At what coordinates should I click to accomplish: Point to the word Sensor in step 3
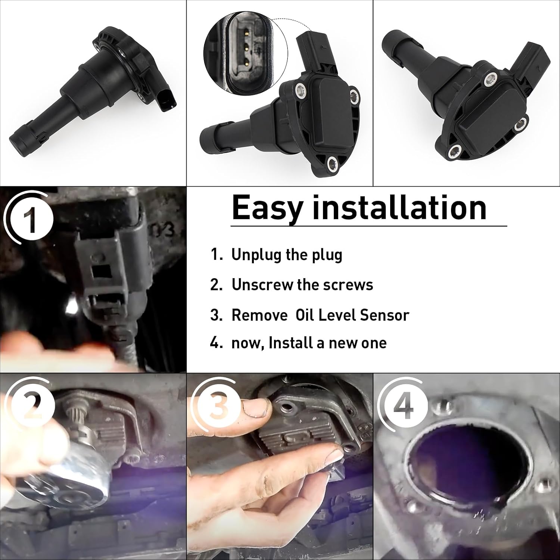coord(384,315)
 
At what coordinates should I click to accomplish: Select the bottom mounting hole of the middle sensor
coord(333,163)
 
